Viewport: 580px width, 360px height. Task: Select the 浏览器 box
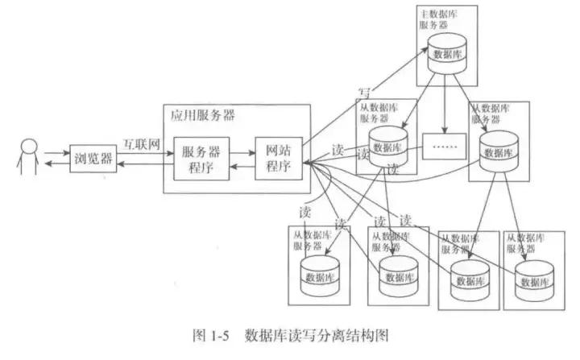(90, 156)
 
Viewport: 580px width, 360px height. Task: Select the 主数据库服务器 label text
(440, 20)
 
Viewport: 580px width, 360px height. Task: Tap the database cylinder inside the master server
(447, 53)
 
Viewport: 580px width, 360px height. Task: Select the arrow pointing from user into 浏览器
(57, 151)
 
